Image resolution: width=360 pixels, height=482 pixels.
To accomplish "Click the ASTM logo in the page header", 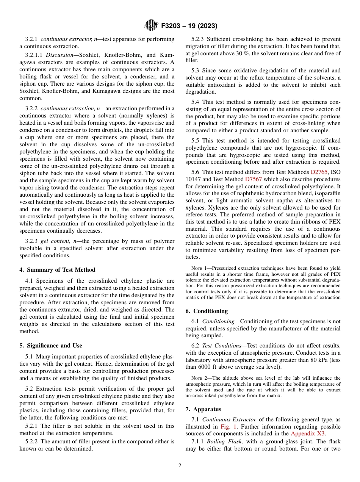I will [x=151, y=26].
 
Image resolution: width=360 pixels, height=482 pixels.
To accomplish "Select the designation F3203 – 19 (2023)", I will [x=189, y=26].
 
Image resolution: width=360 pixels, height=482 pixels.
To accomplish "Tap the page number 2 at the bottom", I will [x=180, y=466].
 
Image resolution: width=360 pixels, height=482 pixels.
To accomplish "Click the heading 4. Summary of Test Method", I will [x=57, y=270].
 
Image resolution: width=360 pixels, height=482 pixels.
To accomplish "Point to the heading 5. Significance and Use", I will [x=51, y=346].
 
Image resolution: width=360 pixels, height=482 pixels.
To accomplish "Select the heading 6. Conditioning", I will [x=207, y=311].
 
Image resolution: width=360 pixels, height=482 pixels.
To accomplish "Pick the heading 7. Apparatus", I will [x=203, y=409].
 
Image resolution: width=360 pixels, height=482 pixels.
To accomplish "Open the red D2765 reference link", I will [x=319, y=172].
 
